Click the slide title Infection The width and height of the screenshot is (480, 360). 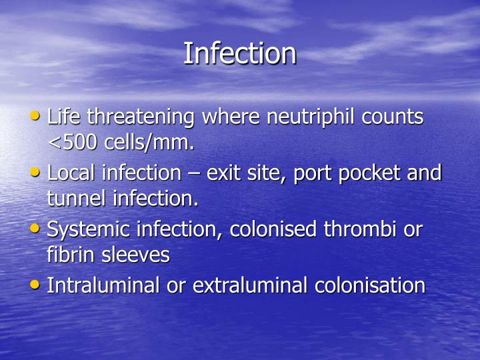(239, 53)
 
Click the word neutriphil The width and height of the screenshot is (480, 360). (305, 117)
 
